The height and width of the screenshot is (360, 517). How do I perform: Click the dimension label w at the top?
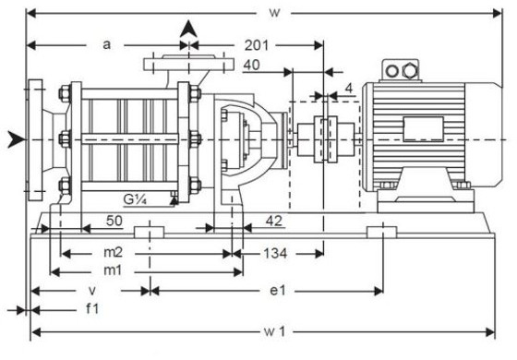tap(273, 12)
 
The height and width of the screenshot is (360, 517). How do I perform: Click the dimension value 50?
tap(114, 222)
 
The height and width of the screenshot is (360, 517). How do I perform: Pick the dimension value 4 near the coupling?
tap(348, 89)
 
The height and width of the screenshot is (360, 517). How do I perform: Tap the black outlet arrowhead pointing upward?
tap(189, 28)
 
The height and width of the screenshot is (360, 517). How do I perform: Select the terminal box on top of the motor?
tap(403, 69)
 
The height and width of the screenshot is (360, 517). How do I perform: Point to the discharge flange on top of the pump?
tap(189, 64)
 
